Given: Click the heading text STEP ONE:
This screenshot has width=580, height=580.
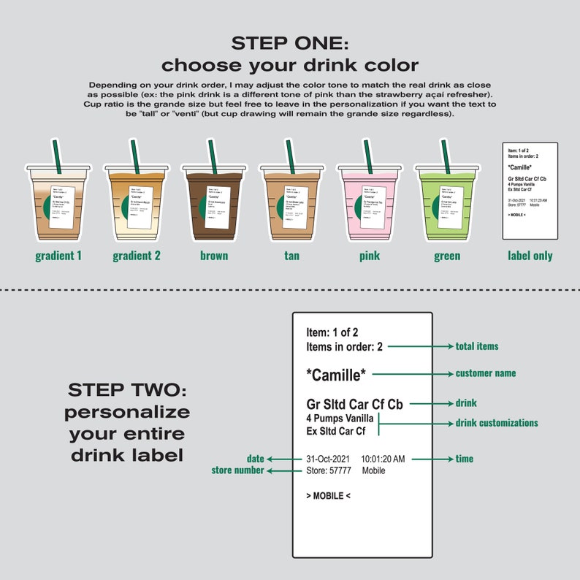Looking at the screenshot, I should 290,42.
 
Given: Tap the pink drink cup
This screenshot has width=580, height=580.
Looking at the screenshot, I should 367,202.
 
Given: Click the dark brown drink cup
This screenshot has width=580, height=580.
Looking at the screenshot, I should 213,202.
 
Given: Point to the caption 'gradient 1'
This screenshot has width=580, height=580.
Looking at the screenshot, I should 58,256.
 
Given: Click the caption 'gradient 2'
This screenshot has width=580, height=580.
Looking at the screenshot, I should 137,256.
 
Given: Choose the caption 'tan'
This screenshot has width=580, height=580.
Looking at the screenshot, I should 291,256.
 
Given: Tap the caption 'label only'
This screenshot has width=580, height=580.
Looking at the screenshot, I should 530,256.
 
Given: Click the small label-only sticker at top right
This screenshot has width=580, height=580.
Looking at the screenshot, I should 530,191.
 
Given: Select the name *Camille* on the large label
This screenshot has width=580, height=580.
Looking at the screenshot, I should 336,375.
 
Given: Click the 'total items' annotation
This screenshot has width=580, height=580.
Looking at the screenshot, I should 477,346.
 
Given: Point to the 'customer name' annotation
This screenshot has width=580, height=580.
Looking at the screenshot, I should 486,373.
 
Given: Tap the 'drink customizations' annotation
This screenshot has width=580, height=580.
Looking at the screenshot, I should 497,423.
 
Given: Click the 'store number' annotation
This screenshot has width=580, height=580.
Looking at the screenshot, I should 237,470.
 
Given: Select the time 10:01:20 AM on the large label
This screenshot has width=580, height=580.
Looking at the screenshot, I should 383,459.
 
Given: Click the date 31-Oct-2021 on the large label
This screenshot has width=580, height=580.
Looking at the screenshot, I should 328,459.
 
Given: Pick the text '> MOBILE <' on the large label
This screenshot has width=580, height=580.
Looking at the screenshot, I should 328,496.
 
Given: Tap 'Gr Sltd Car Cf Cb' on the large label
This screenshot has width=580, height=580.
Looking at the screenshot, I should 354,403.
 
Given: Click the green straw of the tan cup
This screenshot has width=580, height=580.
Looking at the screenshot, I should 289,155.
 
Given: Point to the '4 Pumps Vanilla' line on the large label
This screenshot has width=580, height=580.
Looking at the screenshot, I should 340,419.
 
